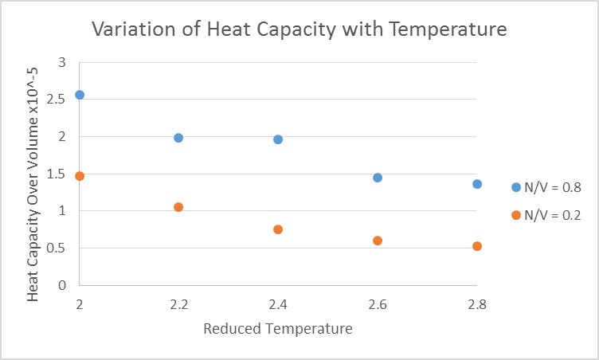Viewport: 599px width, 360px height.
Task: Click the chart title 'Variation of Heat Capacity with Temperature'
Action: pos(299,30)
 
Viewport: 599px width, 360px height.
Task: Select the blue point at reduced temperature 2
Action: pos(80,95)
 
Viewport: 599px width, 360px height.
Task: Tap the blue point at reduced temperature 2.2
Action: pos(178,138)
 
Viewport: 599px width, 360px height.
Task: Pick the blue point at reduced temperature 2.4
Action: pos(278,139)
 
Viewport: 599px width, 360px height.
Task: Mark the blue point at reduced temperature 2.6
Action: pos(378,178)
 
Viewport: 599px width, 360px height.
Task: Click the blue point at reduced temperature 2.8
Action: pos(477,184)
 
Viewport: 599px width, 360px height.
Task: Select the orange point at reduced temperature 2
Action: pos(80,176)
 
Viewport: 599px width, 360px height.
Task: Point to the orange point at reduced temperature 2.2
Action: pos(178,207)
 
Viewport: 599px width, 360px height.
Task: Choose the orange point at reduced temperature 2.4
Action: pos(278,229)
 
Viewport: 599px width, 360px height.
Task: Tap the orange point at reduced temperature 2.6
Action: pos(378,241)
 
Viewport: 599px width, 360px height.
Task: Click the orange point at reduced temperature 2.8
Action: pos(477,246)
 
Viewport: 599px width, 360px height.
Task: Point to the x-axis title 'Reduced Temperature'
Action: pos(278,328)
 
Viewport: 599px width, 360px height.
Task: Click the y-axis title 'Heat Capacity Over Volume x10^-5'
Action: pos(33,174)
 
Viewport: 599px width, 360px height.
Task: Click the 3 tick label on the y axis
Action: pos(62,62)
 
